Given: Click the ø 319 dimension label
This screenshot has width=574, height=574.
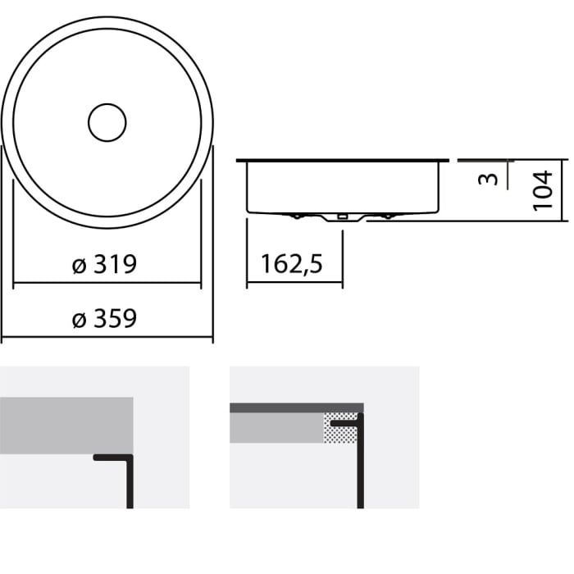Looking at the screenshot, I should click(x=104, y=265).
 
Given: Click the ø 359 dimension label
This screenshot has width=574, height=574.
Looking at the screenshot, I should click(x=104, y=318).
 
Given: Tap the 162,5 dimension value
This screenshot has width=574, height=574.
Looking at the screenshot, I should click(x=292, y=264).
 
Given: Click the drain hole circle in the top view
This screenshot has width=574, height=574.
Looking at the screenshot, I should click(x=107, y=123).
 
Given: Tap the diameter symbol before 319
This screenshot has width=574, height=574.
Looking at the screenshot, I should click(x=79, y=266).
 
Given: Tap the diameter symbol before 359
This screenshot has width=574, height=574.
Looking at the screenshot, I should click(x=79, y=319).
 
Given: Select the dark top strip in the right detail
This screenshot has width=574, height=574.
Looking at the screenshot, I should click(x=295, y=408).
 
